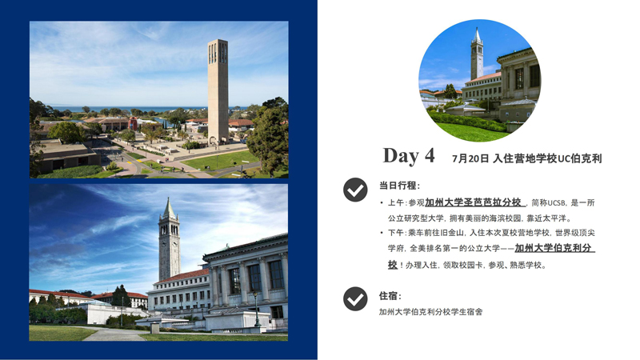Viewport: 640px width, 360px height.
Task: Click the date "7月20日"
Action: [470, 158]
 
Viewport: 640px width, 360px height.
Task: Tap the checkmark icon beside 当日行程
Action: [355, 190]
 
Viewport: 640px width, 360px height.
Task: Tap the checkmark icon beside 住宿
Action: [355, 298]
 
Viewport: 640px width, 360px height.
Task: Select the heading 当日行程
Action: [399, 186]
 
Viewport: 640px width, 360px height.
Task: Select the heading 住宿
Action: [390, 296]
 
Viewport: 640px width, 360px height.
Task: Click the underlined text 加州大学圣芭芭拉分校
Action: [474, 202]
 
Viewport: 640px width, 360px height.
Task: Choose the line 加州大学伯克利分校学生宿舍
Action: [430, 312]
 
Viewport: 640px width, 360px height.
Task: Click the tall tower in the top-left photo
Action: [218, 88]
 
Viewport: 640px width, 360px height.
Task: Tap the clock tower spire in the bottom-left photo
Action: [168, 210]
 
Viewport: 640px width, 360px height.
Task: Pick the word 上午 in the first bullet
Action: [396, 203]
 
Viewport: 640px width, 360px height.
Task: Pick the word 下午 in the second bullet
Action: [396, 233]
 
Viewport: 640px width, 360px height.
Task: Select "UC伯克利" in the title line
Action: [579, 158]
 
